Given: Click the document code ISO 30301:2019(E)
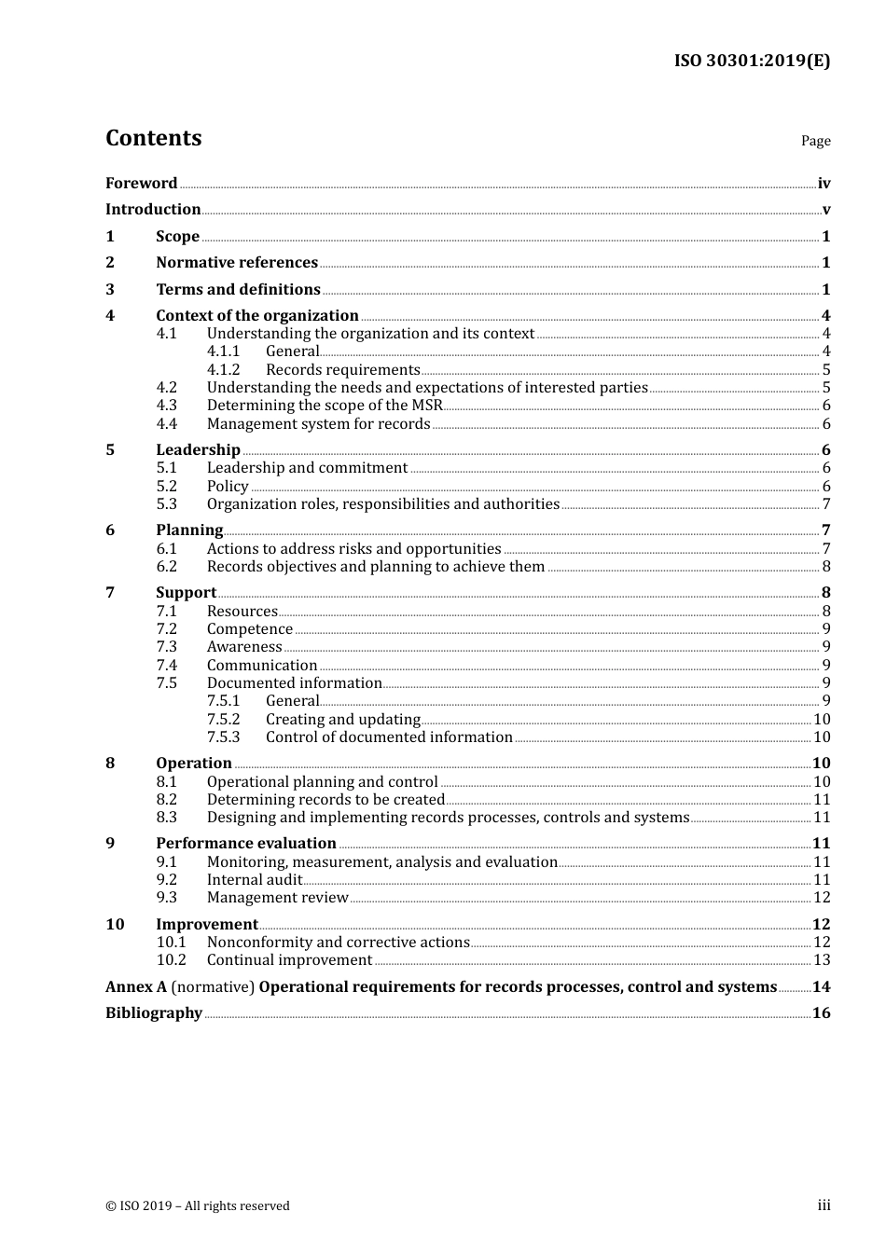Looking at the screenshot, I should [752, 62].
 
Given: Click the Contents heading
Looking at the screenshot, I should [153, 138].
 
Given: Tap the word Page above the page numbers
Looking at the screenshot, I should [815, 141].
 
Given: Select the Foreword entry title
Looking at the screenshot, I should [141, 184].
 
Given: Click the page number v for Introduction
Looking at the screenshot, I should [825, 210].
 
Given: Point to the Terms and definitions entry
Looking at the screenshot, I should [238, 290].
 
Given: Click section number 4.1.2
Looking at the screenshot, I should [223, 370].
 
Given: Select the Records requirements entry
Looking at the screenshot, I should [342, 370].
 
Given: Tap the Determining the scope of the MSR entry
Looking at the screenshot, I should [324, 406].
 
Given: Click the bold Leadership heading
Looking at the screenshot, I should [198, 450].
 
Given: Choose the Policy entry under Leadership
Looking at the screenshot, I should [228, 487].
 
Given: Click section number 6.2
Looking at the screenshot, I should [166, 567].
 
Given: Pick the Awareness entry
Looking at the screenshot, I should [243, 647].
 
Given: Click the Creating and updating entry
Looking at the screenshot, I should [342, 720].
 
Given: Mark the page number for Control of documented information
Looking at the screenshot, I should [822, 737].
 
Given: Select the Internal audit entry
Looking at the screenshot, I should [254, 880].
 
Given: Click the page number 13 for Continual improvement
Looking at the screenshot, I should [822, 960].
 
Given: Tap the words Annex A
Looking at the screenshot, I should [136, 987].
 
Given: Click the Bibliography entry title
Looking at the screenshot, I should [154, 1013].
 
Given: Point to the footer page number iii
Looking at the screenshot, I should [824, 1205].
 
